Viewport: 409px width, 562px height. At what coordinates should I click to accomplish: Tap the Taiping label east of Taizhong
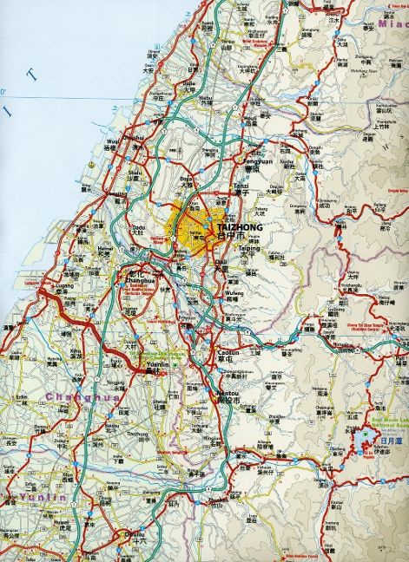pos(250,247)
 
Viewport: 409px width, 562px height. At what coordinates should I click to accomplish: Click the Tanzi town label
pos(241,187)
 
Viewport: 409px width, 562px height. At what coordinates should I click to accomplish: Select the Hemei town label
pos(105,247)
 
